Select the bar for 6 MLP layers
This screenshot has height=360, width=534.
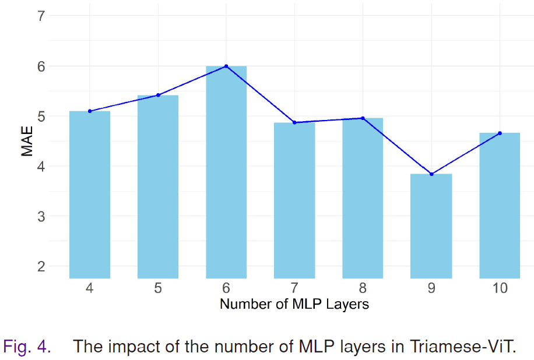[x=226, y=172]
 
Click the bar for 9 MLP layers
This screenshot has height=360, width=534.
[x=431, y=226]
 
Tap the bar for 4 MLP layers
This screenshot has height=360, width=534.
[x=90, y=195]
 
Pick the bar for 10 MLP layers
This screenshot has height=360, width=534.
[x=500, y=206]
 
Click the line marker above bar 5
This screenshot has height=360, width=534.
[x=158, y=95]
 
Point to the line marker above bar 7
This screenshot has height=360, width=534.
[x=294, y=122]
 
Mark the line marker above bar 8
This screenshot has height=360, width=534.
[x=363, y=118]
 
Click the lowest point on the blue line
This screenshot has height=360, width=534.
[x=431, y=174]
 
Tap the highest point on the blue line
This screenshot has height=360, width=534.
[x=226, y=66]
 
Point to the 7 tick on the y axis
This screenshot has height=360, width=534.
[x=41, y=16]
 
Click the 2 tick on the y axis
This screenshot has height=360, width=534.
[x=41, y=266]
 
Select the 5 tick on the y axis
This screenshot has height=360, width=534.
[x=41, y=117]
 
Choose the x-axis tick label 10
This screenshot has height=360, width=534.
[x=500, y=288]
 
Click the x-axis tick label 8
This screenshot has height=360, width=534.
[x=363, y=288]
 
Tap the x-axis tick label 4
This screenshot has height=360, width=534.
[x=90, y=288]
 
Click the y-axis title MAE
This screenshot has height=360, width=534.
[x=27, y=141]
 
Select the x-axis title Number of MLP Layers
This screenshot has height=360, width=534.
[x=294, y=304]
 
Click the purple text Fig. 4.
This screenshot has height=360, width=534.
[x=27, y=347]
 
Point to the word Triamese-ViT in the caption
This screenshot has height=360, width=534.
[x=463, y=347]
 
